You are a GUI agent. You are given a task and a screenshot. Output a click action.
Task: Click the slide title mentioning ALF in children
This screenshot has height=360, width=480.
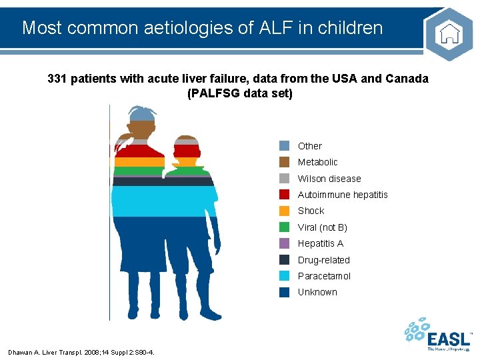202,28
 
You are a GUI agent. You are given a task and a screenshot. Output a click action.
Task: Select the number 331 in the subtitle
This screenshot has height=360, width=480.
59,79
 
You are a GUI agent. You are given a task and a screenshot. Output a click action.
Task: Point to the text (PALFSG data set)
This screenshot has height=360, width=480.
240,93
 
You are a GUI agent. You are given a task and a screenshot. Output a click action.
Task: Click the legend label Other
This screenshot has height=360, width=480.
309,146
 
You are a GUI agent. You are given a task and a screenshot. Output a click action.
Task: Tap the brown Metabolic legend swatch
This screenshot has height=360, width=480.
285,162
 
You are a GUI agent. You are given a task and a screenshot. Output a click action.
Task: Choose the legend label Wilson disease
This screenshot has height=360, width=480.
329,179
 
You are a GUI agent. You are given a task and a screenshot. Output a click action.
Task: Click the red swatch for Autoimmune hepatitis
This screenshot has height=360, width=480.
285,195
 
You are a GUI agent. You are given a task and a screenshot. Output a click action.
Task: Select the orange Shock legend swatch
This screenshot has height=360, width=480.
285,211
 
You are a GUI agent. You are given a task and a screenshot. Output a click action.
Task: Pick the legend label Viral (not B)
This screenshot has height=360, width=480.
322,227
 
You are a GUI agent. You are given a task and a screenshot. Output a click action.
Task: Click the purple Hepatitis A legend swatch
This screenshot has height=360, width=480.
285,243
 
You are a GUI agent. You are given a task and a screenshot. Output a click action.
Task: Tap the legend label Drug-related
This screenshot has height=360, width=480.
323,260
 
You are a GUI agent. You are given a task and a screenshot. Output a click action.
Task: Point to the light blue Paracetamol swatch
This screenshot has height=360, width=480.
285,276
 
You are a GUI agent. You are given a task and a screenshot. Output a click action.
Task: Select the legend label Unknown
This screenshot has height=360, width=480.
317,292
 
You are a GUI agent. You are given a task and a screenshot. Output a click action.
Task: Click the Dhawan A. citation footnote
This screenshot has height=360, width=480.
81,352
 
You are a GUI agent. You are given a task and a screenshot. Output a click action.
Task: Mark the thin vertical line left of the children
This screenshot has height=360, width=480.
109,213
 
